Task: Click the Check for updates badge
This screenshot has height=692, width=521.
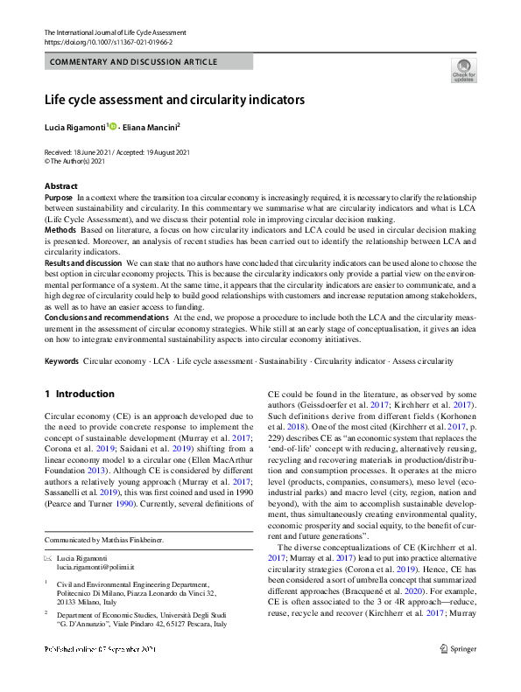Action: (x=463, y=70)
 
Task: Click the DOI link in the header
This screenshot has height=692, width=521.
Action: (x=108, y=41)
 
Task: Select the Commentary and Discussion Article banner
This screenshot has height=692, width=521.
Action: (x=147, y=62)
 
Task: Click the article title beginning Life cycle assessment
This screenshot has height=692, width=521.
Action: (x=175, y=100)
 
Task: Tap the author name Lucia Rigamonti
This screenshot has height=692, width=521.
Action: (x=74, y=127)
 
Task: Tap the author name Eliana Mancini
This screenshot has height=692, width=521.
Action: (x=150, y=127)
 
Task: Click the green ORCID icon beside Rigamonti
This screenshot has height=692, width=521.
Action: (x=113, y=127)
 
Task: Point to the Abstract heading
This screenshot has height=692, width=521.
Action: (x=60, y=186)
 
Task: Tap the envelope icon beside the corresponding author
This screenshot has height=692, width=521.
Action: (x=48, y=557)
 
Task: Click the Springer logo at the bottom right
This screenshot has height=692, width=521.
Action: (x=459, y=648)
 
